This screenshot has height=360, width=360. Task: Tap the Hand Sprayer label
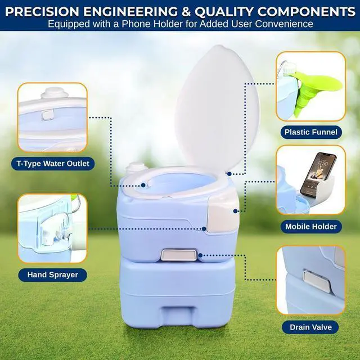click(52, 275)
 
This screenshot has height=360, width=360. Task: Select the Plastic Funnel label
click(311, 133)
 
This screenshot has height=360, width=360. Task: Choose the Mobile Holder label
click(311, 227)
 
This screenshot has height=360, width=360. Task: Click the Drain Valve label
click(311, 327)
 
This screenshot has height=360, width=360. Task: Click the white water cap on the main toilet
click(137, 167)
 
